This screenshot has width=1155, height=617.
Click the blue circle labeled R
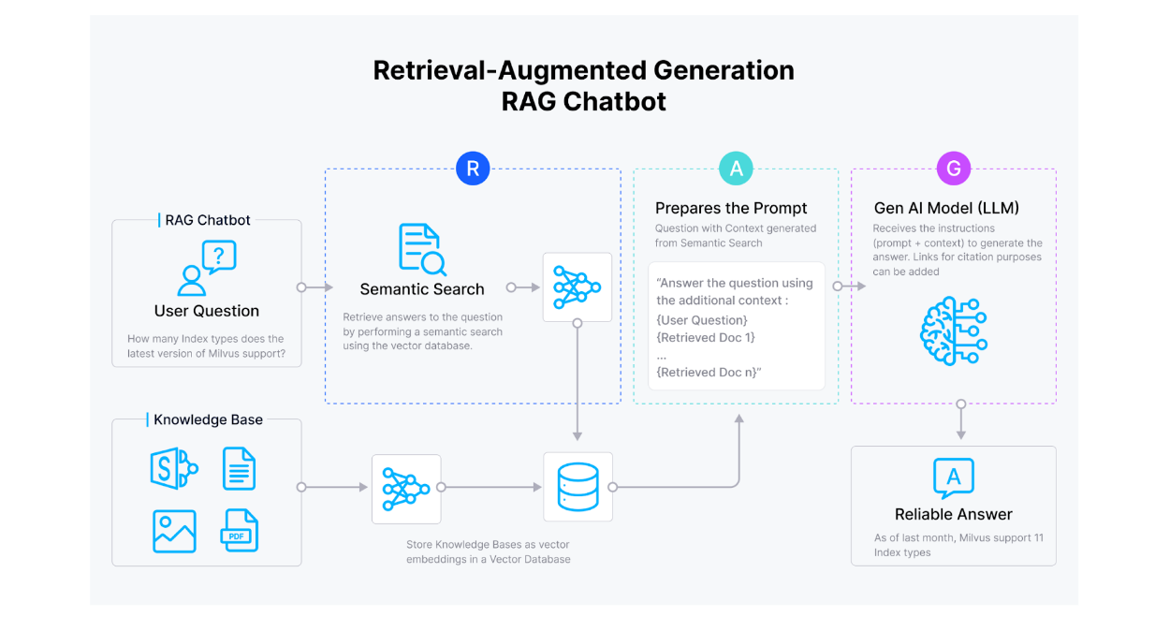click(x=473, y=169)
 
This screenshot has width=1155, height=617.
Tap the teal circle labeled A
click(x=736, y=169)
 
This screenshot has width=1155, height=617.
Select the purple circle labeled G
click(x=954, y=169)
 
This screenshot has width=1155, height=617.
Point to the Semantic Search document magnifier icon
click(x=422, y=249)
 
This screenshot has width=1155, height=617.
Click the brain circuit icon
click(x=953, y=330)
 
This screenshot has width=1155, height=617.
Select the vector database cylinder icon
click(x=577, y=487)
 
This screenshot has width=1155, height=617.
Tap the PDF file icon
click(x=239, y=531)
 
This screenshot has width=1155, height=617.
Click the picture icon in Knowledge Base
click(x=174, y=531)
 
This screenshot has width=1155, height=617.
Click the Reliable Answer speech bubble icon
click(x=953, y=478)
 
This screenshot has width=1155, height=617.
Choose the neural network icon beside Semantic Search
click(x=577, y=286)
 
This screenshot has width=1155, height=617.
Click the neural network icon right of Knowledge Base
click(x=406, y=488)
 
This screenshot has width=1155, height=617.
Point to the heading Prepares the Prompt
click(x=731, y=208)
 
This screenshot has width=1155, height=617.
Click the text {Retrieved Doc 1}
click(x=706, y=337)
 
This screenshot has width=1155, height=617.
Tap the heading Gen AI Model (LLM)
click(x=946, y=208)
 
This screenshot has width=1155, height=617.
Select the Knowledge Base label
click(x=208, y=419)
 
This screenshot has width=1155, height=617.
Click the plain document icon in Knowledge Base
click(x=239, y=469)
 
